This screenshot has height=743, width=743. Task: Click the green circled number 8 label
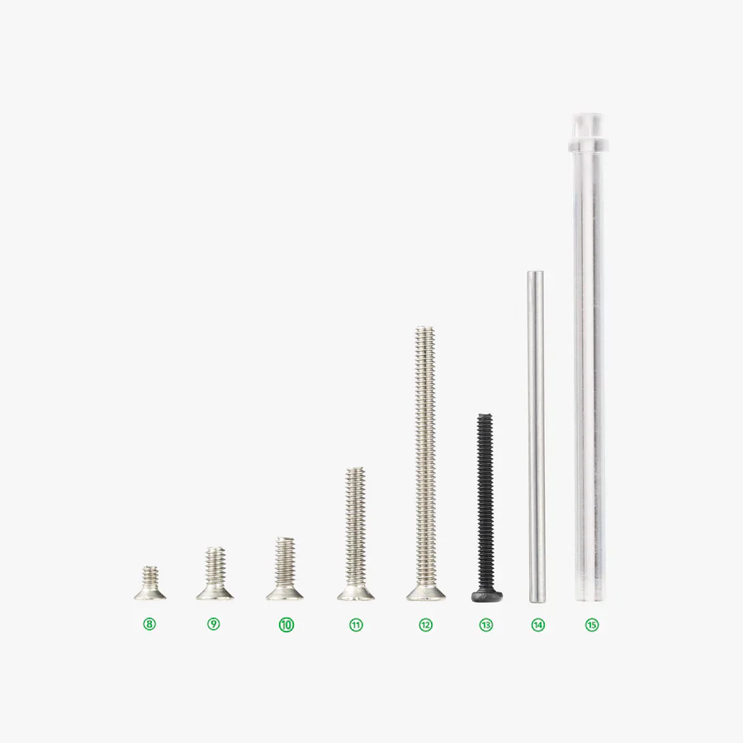point(149,624)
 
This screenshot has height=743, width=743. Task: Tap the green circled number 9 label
point(214,624)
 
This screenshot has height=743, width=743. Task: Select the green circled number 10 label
point(286,625)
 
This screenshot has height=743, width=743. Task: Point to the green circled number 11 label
point(356,625)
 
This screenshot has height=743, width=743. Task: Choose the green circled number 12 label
point(425,625)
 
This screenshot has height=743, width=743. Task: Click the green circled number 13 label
point(485,625)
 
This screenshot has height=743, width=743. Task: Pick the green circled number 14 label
point(537,625)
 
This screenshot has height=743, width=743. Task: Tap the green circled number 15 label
point(592,625)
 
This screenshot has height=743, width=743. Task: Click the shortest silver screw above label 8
point(150,584)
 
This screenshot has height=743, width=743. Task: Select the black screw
point(485,507)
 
